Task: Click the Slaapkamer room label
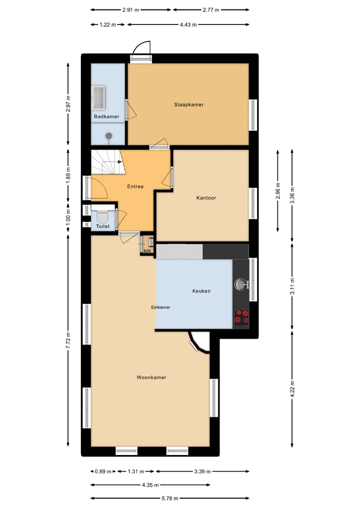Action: click(x=188, y=105)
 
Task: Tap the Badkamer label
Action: click(x=106, y=117)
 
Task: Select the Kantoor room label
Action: click(x=206, y=198)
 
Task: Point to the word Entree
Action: click(x=135, y=187)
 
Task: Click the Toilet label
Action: click(x=102, y=227)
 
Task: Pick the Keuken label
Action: click(x=201, y=291)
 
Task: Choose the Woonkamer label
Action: click(x=151, y=378)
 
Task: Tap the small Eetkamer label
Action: click(x=160, y=308)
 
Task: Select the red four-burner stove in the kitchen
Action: click(x=242, y=317)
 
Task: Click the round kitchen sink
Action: click(x=241, y=285)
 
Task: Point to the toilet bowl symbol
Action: click(x=102, y=216)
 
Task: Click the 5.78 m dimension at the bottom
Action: click(x=170, y=499)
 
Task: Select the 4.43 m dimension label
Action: click(x=188, y=24)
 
